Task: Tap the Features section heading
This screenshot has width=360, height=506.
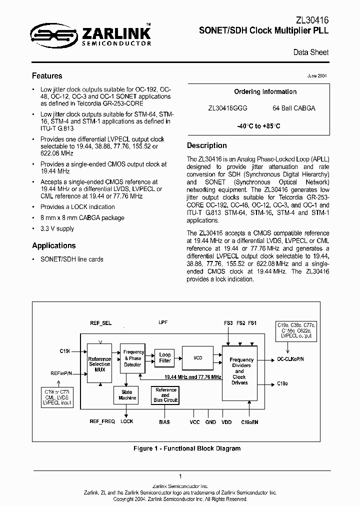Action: pyautogui.click(x=47, y=76)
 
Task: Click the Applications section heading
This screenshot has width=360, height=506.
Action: pyautogui.click(x=54, y=245)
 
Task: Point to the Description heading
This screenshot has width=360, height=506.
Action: pyautogui.click(x=206, y=145)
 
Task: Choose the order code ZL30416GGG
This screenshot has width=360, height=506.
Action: pyautogui.click(x=227, y=108)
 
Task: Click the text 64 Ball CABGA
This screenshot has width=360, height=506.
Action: pyautogui.click(x=294, y=108)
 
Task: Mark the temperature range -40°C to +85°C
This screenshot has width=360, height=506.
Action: pyautogui.click(x=258, y=126)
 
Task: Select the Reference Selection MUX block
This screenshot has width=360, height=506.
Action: pyautogui.click(x=99, y=364)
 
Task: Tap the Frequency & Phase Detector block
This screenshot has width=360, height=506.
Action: pyautogui.click(x=132, y=358)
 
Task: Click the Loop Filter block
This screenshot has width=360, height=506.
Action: pyautogui.click(x=165, y=357)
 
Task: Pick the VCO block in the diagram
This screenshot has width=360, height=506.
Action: pyautogui.click(x=198, y=357)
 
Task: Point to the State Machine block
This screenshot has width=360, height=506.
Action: pyautogui.click(x=127, y=395)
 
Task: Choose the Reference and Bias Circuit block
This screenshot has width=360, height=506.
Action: pyautogui.click(x=165, y=395)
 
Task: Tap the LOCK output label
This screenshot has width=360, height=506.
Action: pyautogui.click(x=127, y=421)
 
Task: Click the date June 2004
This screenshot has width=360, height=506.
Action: pyautogui.click(x=317, y=76)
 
